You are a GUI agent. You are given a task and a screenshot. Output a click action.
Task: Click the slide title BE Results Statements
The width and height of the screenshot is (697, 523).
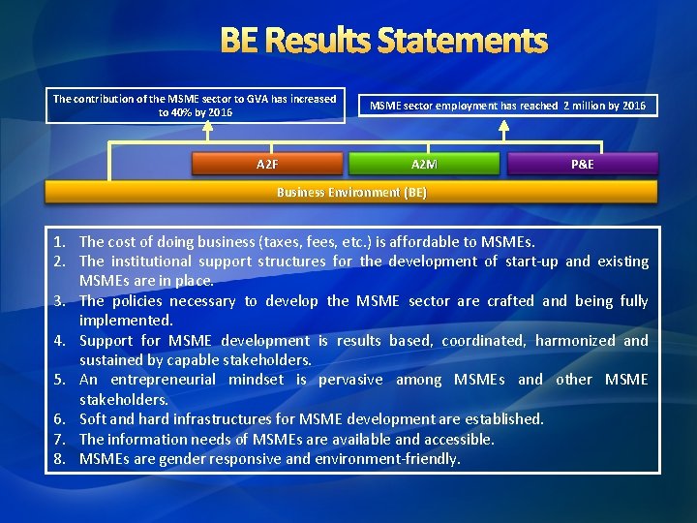[383, 41]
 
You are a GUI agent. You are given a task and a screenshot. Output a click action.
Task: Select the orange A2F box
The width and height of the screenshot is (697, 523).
[268, 164]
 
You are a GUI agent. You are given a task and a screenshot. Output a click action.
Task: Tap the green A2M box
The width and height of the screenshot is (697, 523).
[424, 164]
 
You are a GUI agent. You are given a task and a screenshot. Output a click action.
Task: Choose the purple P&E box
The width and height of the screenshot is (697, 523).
[582, 164]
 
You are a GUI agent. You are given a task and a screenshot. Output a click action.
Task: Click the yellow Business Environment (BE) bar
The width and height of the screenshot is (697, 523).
[351, 192]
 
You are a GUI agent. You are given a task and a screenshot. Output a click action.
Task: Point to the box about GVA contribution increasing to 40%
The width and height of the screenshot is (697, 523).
[195, 105]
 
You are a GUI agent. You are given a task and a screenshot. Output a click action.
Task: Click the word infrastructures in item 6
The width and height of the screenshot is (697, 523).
[222, 419]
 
